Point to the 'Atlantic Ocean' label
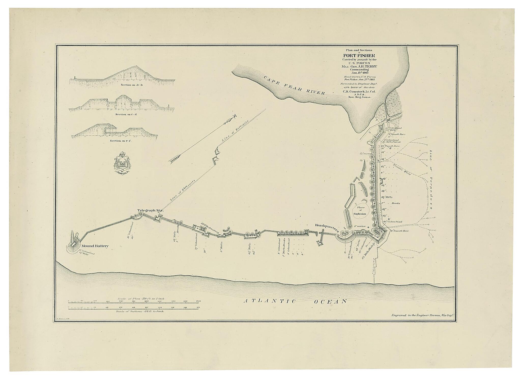coord(295,301)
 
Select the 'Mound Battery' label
coord(95,246)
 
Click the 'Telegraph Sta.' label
coord(150,210)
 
